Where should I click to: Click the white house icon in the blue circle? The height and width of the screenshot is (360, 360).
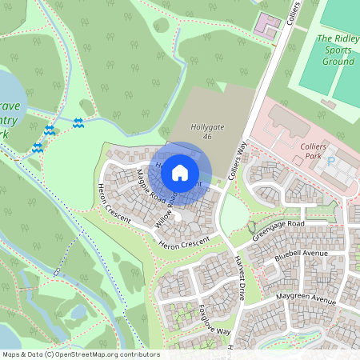pyautogui.click(x=180, y=171)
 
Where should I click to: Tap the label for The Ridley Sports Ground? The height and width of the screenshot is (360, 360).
pyautogui.click(x=336, y=49)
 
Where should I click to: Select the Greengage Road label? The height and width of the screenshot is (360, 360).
pyautogui.click(x=279, y=230)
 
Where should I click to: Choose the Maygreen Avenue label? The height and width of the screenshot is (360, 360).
pyautogui.click(x=305, y=301)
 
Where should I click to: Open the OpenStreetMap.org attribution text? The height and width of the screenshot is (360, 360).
pyautogui.click(x=80, y=354)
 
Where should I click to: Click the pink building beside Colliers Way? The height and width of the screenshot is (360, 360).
pyautogui.click(x=266, y=23)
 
